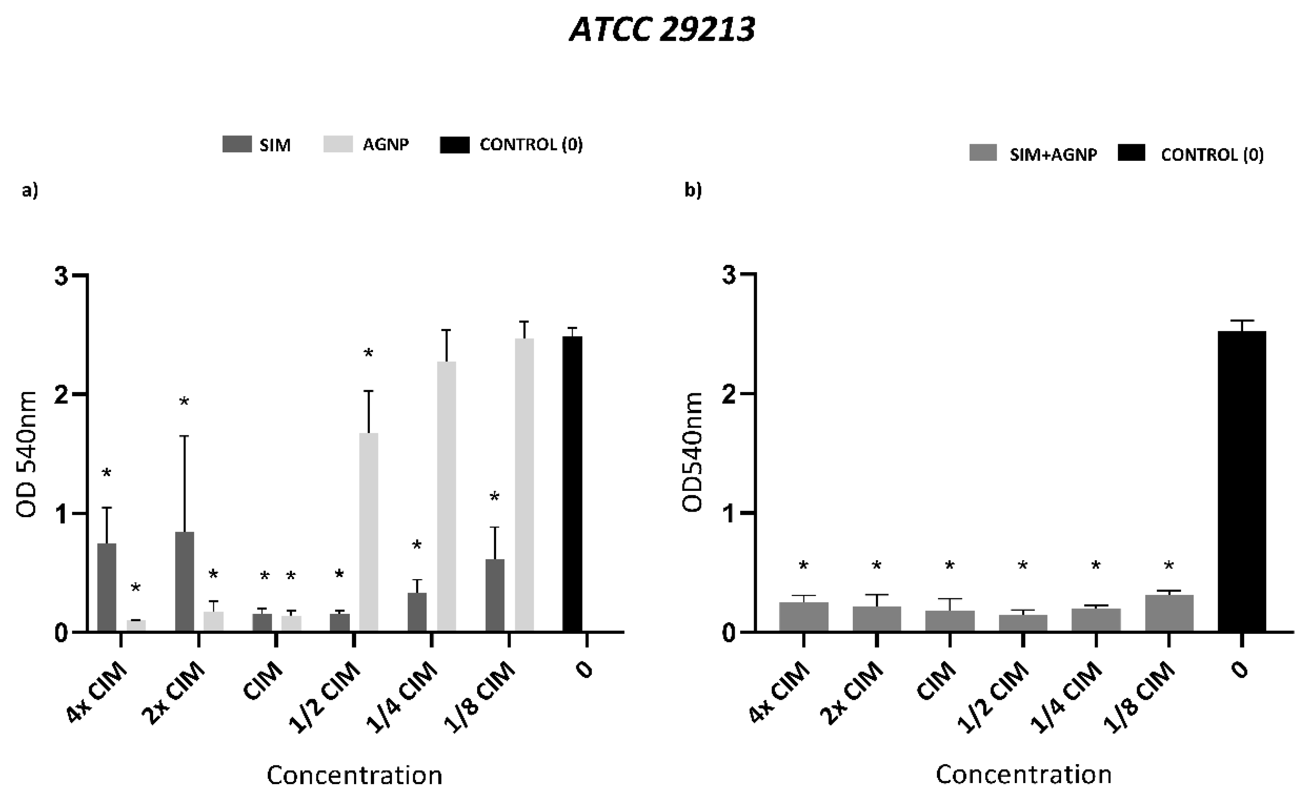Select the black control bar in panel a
coord(572,483)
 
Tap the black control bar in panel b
coord(1242,480)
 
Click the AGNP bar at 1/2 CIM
coord(369,531)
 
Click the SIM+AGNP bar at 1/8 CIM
coord(1169,613)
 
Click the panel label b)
coord(693,189)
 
